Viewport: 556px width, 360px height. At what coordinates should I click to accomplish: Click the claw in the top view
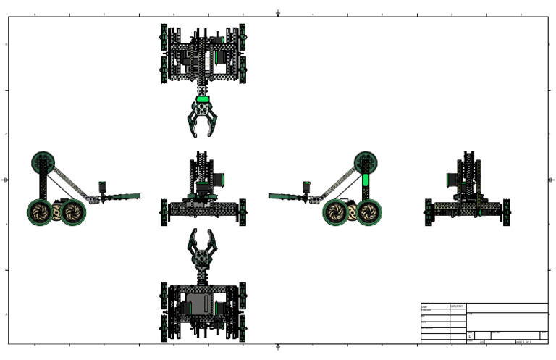203,118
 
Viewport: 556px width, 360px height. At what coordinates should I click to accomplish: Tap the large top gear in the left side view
44,163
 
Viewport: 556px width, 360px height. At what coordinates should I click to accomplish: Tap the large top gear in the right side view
366,163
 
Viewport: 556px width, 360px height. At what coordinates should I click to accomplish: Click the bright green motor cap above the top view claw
203,99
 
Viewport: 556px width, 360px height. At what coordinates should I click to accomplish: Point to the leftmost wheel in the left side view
41,212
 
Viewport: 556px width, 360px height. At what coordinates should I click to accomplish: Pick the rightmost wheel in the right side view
369,212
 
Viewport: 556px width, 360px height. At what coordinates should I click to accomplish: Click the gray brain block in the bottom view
199,303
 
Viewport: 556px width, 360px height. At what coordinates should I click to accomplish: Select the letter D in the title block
470,336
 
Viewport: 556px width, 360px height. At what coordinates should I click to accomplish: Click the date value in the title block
458,306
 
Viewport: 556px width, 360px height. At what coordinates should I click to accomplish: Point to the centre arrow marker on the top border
278,13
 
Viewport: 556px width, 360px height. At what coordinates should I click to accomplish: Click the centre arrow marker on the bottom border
278,347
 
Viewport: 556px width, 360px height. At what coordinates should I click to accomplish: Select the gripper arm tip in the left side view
135,196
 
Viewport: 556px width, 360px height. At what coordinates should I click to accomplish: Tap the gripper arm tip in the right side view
274,196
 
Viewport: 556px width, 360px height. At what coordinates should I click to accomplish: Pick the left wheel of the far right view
428,212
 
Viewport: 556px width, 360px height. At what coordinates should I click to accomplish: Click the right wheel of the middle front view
243,212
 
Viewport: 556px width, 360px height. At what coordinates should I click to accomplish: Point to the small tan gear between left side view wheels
57,212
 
